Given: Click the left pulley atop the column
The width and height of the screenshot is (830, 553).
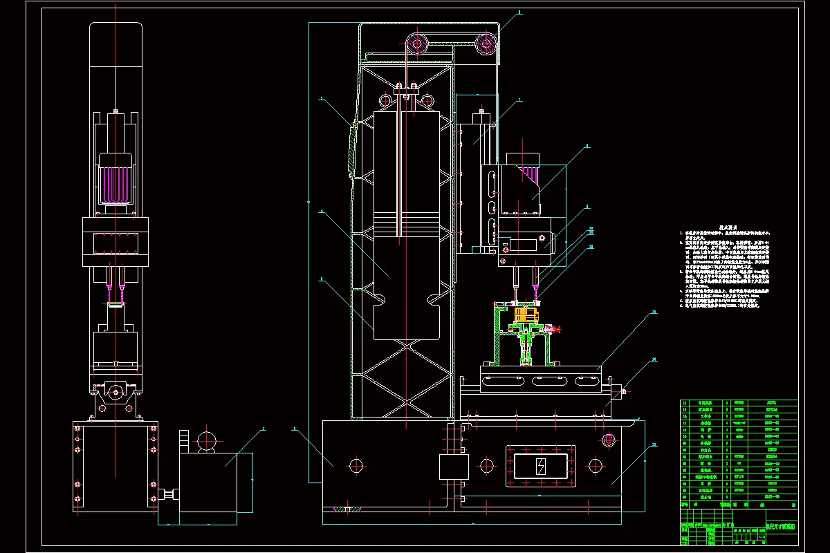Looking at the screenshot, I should (417, 45).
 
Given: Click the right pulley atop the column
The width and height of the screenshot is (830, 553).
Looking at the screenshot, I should (486, 45).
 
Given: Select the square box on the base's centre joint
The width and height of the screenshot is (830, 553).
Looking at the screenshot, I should (454, 468).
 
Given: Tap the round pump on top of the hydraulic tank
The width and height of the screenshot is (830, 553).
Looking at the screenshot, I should (206, 440).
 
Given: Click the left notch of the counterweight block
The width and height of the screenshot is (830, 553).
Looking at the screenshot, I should (380, 299).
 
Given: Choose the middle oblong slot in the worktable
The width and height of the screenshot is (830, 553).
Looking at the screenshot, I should (550, 380).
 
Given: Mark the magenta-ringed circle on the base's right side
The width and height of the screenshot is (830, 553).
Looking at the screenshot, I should (609, 439).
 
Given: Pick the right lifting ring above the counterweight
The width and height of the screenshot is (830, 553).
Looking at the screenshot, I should (429, 100).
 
